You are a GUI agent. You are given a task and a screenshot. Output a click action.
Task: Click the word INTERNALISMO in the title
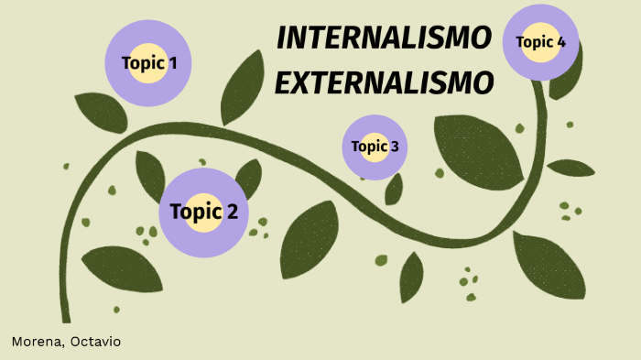[x=384, y=38]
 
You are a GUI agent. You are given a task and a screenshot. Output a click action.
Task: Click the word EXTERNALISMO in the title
[x=384, y=83]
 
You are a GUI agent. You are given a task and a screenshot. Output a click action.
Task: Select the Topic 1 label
[x=149, y=63]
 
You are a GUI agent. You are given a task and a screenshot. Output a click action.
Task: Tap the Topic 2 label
[x=203, y=212]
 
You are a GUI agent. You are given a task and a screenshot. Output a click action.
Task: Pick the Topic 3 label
[x=375, y=147]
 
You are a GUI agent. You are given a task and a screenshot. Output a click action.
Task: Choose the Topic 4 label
[x=540, y=41]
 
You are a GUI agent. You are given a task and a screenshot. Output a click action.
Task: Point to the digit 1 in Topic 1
[x=172, y=63]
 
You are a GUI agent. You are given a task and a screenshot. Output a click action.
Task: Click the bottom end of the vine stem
[x=66, y=316]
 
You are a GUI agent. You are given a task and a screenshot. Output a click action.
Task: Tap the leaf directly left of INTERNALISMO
[x=243, y=87]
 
